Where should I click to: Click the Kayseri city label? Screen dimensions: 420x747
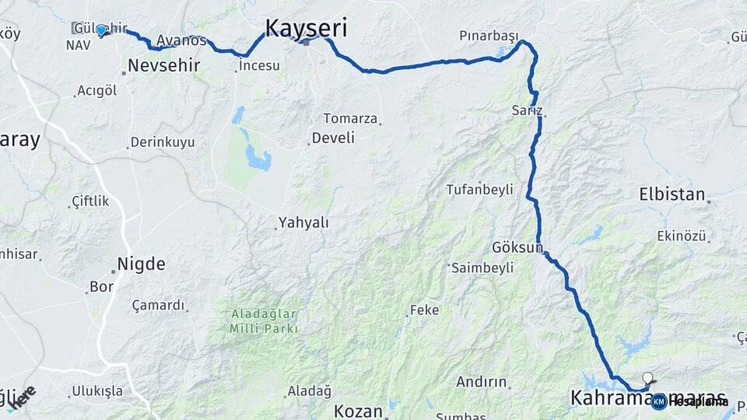coord(306,28)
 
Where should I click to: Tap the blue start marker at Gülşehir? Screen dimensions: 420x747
coord(101,30)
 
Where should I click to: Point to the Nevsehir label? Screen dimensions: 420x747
coord(163,65)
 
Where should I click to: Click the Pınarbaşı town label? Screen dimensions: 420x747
coord(489,37)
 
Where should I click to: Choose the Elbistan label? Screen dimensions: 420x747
coord(672,194)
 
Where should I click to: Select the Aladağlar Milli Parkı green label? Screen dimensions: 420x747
coord(263,320)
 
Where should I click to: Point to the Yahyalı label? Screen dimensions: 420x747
coord(303,223)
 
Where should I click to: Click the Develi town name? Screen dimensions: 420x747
coord(332,138)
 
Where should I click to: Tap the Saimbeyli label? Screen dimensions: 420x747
coord(483,268)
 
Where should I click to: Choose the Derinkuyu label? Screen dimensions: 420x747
coord(163,142)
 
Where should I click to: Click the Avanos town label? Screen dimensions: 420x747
coord(181,40)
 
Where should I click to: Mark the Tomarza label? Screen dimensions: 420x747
coord(350,119)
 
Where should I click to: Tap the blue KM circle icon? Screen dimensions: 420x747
coord(658,401)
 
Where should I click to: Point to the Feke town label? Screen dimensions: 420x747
coord(425,310)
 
